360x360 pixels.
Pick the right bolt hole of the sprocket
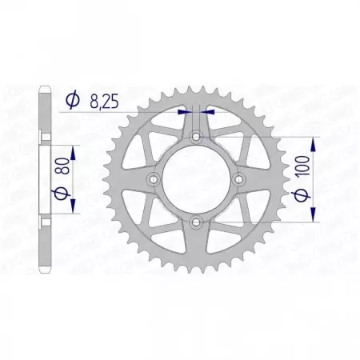point(237,179)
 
